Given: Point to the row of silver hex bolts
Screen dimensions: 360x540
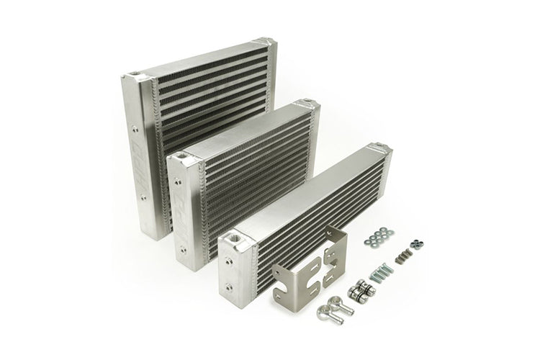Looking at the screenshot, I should click(x=381, y=273).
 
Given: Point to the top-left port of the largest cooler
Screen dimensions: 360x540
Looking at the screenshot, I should click(x=135, y=74).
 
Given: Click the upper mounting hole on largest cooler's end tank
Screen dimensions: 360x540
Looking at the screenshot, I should click(x=135, y=130).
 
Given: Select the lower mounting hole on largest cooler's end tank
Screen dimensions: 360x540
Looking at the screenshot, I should click(x=143, y=196).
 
